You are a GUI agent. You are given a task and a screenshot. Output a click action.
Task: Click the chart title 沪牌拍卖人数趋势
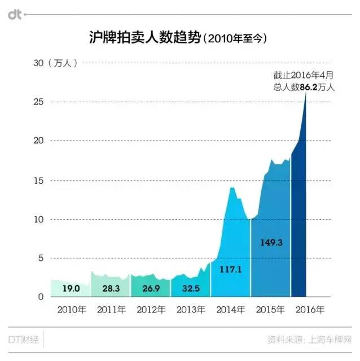pyautogui.click(x=144, y=38)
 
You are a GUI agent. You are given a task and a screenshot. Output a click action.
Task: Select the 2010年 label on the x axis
pyautogui.click(x=71, y=310)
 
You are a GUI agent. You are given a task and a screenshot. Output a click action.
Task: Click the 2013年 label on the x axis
pyautogui.click(x=191, y=310)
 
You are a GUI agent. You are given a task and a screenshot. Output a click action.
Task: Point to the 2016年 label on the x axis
pyautogui.click(x=310, y=310)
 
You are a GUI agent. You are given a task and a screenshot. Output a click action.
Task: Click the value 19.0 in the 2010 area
pyautogui.click(x=71, y=288)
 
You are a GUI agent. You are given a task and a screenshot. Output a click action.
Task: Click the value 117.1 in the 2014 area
pyautogui.click(x=230, y=270)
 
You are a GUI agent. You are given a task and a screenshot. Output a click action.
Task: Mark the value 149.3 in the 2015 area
pyautogui.click(x=270, y=242)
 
